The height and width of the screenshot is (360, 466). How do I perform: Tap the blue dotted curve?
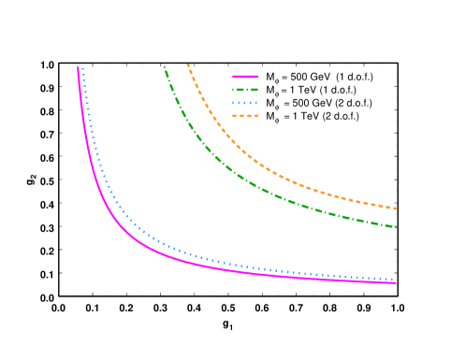tap(150, 237)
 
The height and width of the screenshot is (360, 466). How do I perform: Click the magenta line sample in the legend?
tap(245, 77)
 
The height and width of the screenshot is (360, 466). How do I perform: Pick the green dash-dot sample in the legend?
tap(245, 90)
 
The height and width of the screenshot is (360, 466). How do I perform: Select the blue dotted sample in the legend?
tap(245, 102)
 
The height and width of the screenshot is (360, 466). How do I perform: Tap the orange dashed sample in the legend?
tap(245, 115)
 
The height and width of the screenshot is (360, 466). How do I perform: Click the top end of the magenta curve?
tap(78, 67)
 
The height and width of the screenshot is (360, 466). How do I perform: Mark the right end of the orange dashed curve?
tap(397, 209)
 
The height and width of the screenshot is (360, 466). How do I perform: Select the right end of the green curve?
tap(397, 227)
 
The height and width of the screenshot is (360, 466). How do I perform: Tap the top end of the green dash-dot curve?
tap(164, 67)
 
